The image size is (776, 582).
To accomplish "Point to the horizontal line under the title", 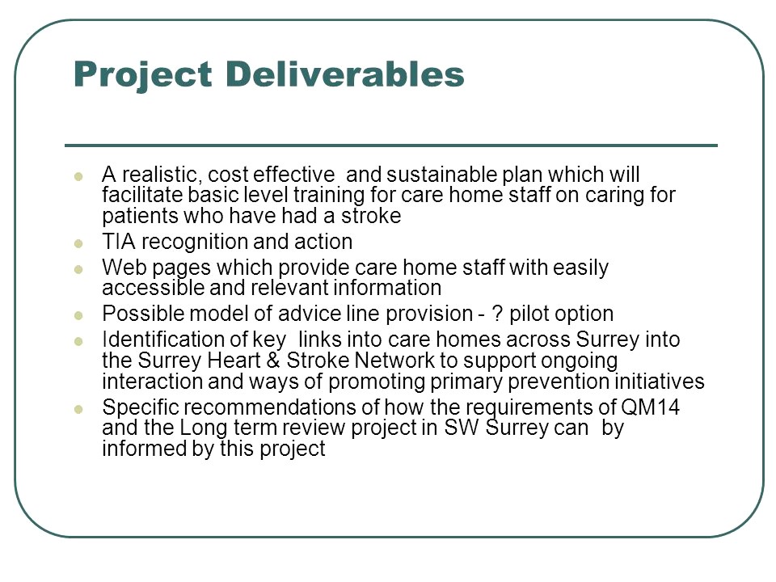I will [x=390, y=145].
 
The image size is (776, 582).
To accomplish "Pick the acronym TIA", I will [x=120, y=242].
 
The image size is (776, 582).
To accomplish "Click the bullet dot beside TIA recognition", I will [x=78, y=242].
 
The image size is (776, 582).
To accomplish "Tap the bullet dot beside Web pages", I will [x=78, y=268].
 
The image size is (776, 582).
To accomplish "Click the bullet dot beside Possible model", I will [x=78, y=314].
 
